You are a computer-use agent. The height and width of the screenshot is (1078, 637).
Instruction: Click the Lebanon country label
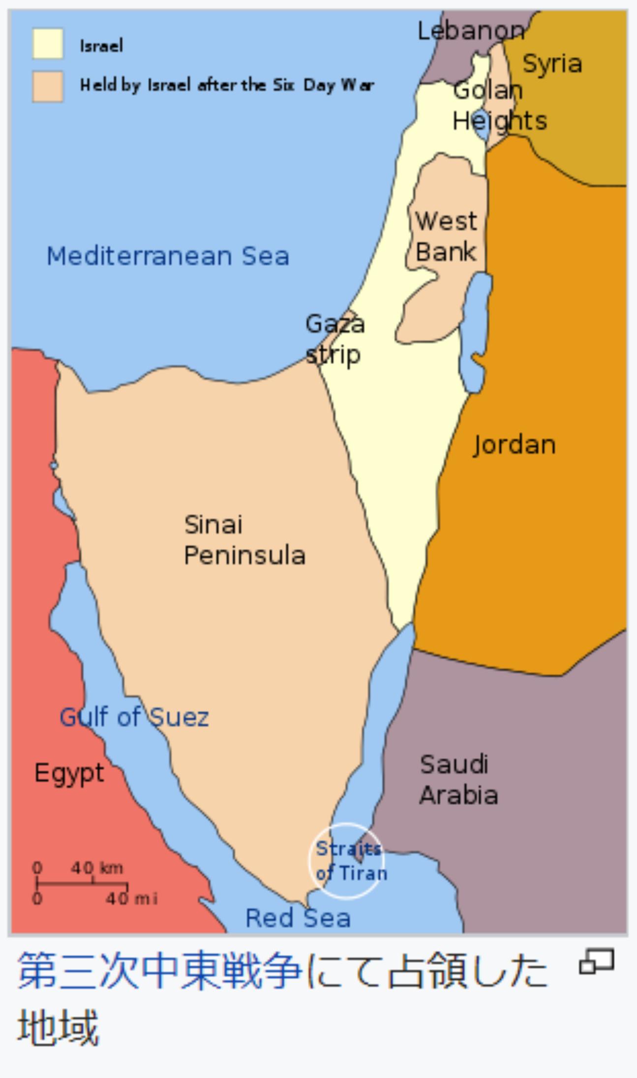coord(471,31)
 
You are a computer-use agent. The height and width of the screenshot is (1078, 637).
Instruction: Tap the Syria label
coord(552,64)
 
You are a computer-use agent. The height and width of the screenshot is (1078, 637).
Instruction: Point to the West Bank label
coord(446,236)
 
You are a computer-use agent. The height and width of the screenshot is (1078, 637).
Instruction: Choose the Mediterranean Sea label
coord(168,256)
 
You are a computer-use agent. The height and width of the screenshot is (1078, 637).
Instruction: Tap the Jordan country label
coord(514,445)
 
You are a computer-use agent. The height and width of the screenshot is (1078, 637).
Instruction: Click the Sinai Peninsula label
coord(244,540)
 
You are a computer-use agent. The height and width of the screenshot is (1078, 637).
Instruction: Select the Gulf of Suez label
coord(134,717)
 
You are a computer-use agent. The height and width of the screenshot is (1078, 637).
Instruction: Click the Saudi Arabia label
coord(458,780)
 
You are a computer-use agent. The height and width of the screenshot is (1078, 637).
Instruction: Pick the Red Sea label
coord(298,918)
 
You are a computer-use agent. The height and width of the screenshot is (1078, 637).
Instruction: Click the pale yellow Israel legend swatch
coord(48,44)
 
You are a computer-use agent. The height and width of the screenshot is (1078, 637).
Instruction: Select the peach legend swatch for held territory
coord(48,87)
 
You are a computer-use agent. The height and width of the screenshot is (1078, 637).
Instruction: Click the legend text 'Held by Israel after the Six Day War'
coord(227,86)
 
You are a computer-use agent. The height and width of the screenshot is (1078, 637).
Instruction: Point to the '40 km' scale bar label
coord(97,867)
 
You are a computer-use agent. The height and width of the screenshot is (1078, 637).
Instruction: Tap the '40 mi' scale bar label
coord(131,899)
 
